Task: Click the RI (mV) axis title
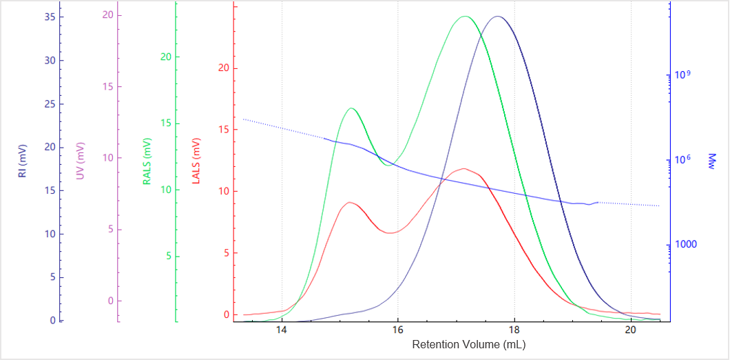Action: (22, 161)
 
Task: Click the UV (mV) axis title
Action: (80, 161)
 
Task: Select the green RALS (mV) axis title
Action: (147, 161)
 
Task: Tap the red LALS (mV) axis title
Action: (196, 161)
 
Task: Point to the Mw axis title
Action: (712, 161)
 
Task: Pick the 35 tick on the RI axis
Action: (50, 17)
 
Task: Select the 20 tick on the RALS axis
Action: (165, 57)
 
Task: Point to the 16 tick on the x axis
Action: (397, 330)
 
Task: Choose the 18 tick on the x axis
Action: (514, 330)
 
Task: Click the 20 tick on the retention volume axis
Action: (630, 330)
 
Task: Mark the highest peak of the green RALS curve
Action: (465, 17)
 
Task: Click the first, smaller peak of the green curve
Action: (351, 108)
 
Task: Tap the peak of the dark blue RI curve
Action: (497, 17)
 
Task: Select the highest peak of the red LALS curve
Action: (463, 168)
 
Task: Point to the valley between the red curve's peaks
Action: (390, 233)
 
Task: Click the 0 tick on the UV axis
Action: (110, 301)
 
